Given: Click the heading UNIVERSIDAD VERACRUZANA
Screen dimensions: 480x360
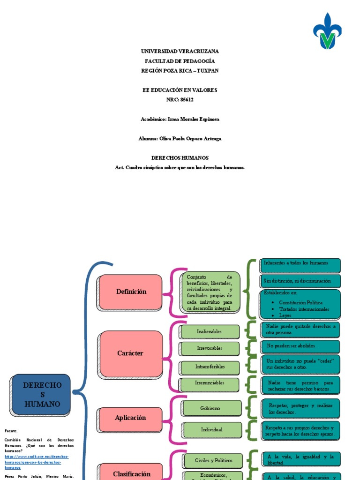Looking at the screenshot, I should [180, 51].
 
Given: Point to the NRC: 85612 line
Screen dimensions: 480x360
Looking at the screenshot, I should [180, 99].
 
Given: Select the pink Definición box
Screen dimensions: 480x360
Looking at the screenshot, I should [131, 292].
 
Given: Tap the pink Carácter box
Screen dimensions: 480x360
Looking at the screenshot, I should [131, 353].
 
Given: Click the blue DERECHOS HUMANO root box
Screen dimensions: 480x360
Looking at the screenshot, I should [42, 394].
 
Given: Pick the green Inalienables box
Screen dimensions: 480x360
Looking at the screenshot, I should [210, 331].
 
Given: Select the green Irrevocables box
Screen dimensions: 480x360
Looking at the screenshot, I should [210, 348].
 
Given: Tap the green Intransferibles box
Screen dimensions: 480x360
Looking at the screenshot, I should [210, 367].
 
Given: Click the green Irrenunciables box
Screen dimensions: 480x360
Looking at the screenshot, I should [210, 383].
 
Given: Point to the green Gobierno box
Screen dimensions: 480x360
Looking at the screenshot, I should [211, 408].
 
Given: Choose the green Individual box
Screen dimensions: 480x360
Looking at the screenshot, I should [211, 429].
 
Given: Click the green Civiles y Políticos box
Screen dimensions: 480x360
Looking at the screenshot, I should [213, 460].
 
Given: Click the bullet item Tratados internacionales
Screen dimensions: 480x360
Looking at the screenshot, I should [304, 309].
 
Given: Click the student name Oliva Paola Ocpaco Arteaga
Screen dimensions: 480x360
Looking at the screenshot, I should [180, 139].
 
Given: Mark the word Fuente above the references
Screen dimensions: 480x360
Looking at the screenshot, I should [11, 430].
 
